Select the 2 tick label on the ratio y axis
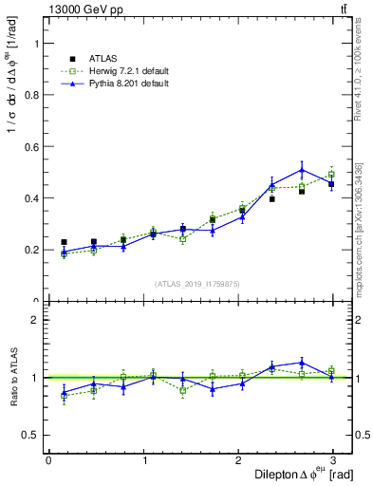click(35, 320)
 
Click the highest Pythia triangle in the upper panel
click(302, 170)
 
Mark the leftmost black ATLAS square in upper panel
click(64, 242)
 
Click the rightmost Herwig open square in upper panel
click(331, 175)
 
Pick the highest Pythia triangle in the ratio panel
click(302, 362)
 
